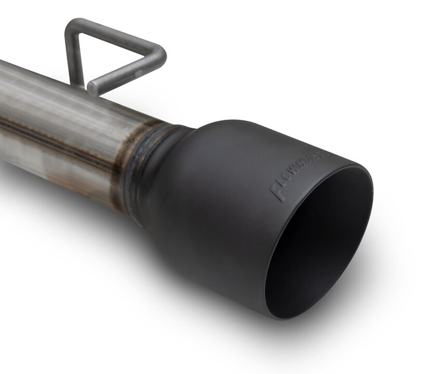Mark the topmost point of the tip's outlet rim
point(347,166)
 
